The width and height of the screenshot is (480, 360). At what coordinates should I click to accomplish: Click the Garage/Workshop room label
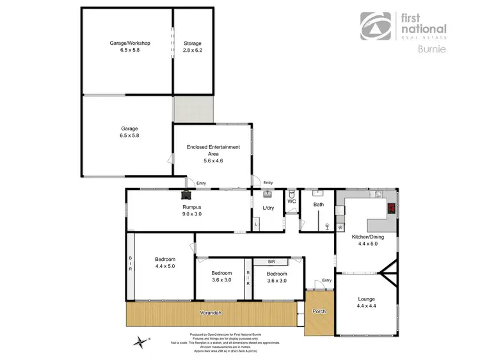click(x=129, y=43)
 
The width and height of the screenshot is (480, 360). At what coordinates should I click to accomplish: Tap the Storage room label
click(x=193, y=43)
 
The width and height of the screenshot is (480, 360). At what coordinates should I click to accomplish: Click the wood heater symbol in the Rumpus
click(x=186, y=195)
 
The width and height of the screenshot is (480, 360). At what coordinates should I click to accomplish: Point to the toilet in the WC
click(x=292, y=194)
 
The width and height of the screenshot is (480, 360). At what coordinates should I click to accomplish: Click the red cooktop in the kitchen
click(x=390, y=207)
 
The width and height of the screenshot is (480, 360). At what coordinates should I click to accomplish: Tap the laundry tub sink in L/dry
click(x=268, y=193)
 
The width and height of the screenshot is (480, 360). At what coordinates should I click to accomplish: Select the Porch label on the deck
click(x=319, y=311)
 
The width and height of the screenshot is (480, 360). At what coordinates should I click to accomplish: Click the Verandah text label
click(x=210, y=313)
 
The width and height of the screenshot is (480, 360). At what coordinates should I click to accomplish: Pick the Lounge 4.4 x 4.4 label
click(x=367, y=302)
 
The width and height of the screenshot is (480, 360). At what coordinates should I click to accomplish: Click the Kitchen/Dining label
click(x=367, y=237)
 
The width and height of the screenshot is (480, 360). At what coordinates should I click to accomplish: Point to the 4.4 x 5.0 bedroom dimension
click(x=164, y=265)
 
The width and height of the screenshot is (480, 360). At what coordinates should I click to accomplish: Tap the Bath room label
click(x=318, y=205)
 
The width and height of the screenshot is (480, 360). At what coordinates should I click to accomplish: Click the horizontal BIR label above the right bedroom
click(x=271, y=262)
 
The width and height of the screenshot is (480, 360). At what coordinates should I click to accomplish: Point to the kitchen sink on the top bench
click(x=378, y=194)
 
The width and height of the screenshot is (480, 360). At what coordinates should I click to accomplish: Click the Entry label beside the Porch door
click(x=326, y=280)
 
